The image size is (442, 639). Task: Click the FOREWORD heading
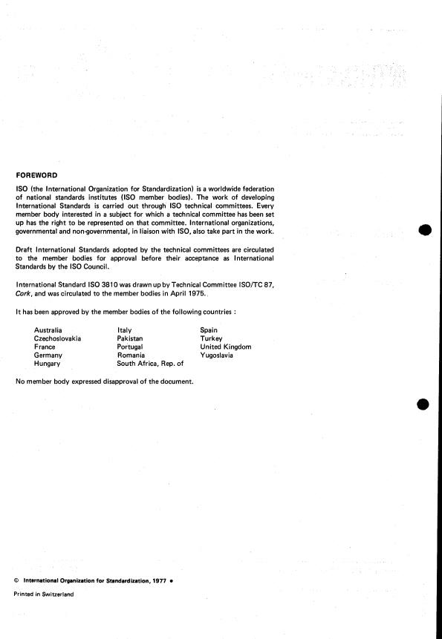36,175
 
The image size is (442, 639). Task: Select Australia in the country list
48,330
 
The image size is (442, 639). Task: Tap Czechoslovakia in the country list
57,338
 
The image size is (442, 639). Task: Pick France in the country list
45,347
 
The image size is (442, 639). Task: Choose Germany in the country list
48,355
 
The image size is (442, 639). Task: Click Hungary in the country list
48,364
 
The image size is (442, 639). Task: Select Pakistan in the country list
130,338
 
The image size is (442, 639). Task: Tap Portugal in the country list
131,347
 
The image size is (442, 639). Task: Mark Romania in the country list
131,355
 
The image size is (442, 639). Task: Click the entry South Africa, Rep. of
150,364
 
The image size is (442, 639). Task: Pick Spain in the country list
209,330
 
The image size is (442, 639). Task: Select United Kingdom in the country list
225,347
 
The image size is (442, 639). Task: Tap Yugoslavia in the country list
217,355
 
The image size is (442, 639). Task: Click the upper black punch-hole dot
424,229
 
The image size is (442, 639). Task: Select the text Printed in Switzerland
44,594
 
